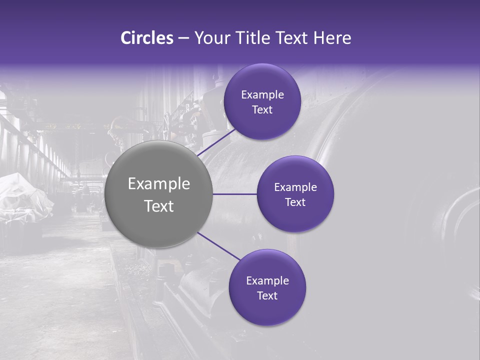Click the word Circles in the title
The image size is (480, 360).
[147, 38]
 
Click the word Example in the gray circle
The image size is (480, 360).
[158, 183]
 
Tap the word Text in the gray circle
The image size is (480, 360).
[158, 205]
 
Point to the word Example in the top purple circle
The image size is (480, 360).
[262, 94]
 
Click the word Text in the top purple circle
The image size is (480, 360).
[262, 109]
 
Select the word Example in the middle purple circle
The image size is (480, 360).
[295, 187]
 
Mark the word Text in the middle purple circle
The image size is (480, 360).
[295, 202]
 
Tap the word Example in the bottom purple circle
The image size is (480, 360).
[267, 280]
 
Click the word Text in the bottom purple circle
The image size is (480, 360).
[267, 295]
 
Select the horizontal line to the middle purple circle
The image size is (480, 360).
[234, 194]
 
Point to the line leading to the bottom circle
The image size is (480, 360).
[219, 245]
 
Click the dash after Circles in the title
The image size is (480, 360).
[183, 38]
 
